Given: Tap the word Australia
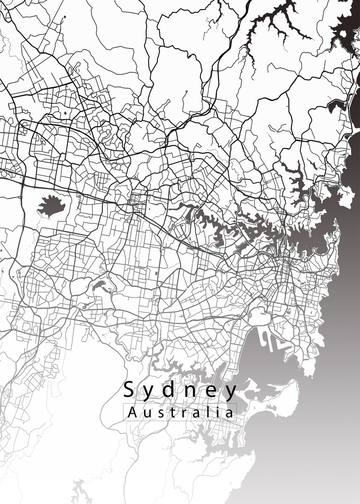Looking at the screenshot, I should (180, 412).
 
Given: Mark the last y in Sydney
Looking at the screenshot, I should (231, 392).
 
